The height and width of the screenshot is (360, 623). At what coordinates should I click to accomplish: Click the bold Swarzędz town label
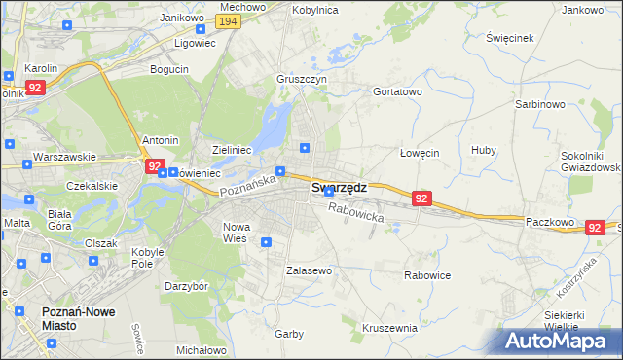point(339,188)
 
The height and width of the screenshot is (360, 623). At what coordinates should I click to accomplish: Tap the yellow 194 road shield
point(229,21)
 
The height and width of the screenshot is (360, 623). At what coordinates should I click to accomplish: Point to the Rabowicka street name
point(356,212)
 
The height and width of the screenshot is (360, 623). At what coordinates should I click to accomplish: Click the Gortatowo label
point(397,91)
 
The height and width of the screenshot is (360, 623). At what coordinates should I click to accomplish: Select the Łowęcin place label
point(421,153)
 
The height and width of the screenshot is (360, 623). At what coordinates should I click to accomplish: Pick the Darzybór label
point(186,287)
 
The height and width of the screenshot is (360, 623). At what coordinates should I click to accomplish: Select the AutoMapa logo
point(559,341)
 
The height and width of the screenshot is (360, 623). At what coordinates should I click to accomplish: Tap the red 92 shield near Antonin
point(155,166)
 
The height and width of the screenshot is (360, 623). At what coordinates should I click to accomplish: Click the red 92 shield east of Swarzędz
point(421,198)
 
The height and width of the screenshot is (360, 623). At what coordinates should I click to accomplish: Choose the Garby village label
point(288,333)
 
